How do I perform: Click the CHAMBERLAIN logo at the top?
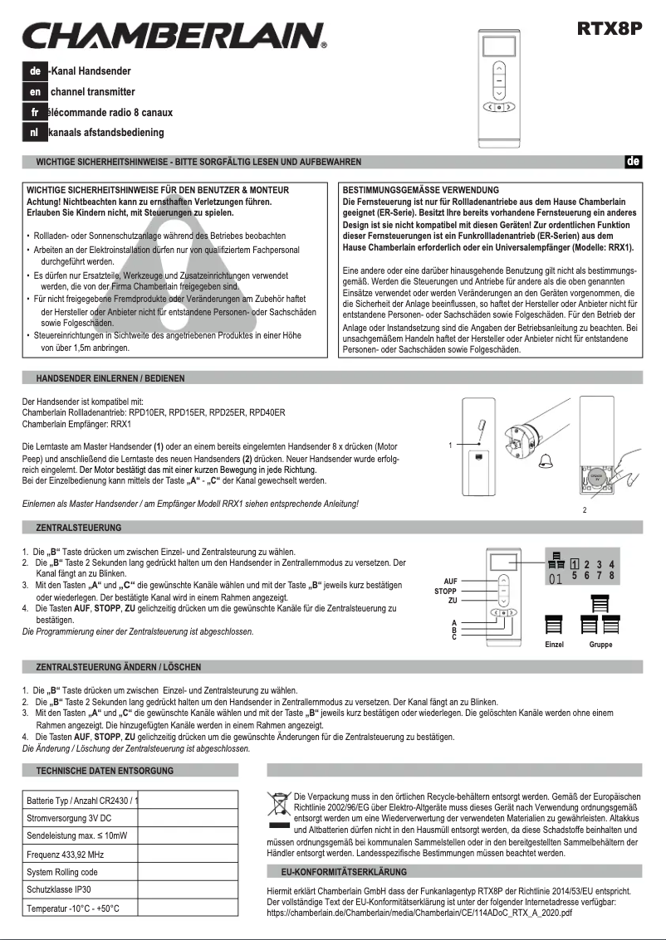click(173, 37)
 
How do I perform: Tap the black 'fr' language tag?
click(35, 112)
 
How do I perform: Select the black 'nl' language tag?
click(35, 132)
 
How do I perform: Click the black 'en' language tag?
click(35, 91)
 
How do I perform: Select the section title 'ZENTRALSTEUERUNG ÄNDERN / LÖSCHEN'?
click(118, 667)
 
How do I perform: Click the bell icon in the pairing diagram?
click(546, 462)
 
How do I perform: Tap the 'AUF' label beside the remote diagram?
click(450, 581)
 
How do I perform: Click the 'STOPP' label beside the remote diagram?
click(446, 591)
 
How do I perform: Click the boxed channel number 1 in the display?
click(575, 564)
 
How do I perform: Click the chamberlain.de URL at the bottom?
click(419, 913)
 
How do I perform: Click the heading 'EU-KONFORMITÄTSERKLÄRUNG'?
click(345, 872)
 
